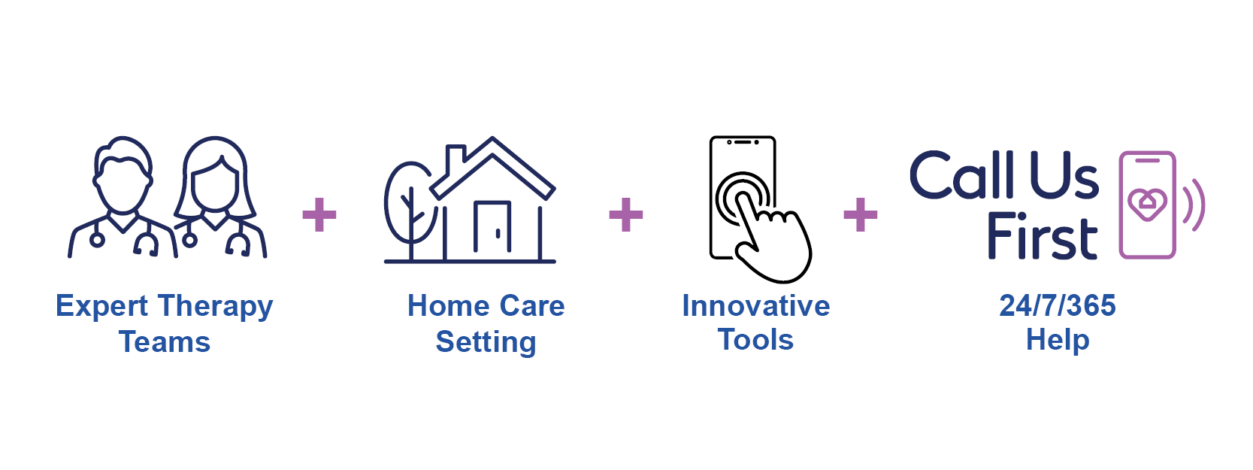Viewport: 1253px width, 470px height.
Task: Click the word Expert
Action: click(x=102, y=307)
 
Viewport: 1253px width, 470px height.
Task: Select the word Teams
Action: click(x=165, y=342)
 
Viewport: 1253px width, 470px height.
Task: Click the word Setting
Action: click(x=486, y=342)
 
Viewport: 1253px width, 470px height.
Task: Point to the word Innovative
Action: click(x=755, y=306)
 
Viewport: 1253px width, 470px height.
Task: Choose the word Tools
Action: click(x=755, y=340)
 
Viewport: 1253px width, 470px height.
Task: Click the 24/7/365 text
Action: click(x=1057, y=306)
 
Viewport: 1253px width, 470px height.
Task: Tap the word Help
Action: click(x=1057, y=340)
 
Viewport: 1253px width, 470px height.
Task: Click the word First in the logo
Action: click(x=1042, y=238)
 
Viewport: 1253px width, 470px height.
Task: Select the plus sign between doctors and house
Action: click(x=319, y=215)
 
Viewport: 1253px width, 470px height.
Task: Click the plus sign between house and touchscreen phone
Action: click(x=626, y=215)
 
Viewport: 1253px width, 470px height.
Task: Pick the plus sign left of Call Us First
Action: click(x=861, y=215)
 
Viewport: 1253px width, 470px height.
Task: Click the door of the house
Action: click(x=492, y=227)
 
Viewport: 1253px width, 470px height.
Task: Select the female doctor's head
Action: click(x=215, y=177)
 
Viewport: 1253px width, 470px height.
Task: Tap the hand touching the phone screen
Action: click(x=774, y=241)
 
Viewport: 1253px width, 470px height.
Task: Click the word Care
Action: click(x=532, y=307)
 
